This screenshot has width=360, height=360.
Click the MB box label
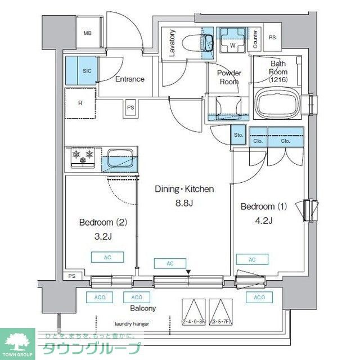coord(87,33)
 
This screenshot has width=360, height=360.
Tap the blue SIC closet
coord(80,70)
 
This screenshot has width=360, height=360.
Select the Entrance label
coord(130,79)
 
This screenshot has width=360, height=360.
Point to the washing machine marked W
coord(232,42)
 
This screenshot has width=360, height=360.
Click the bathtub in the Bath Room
coord(278,103)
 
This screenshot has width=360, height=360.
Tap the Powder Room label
coord(229,77)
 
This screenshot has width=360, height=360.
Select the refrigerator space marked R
coord(80,103)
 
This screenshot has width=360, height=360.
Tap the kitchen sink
coord(121,157)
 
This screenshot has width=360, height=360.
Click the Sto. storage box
coord(238,136)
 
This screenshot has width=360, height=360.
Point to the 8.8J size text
coord(183,203)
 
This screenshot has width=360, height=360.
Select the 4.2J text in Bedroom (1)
coord(264,220)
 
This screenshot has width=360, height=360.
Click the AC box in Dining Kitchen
coord(170,263)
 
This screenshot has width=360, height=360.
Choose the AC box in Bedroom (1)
coord(251,259)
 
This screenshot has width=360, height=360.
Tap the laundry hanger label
coord(132,324)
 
